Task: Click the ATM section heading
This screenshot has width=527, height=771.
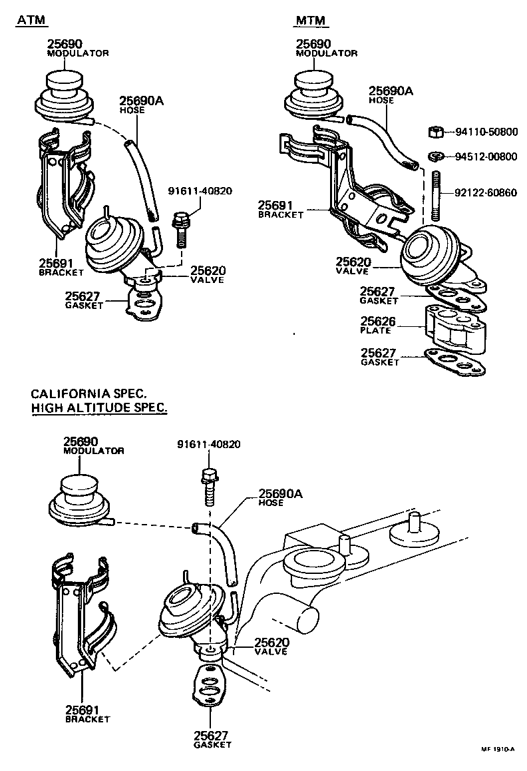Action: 31,21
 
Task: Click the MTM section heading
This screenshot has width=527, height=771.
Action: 311,21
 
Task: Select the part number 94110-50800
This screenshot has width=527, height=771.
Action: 486,132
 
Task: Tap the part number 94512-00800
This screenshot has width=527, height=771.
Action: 486,157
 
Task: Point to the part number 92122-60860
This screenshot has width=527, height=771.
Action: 486,194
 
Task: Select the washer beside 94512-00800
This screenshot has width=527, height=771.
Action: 436,157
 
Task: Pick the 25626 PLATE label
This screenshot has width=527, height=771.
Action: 378,326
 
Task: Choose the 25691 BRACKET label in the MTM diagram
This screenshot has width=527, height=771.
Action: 281,210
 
